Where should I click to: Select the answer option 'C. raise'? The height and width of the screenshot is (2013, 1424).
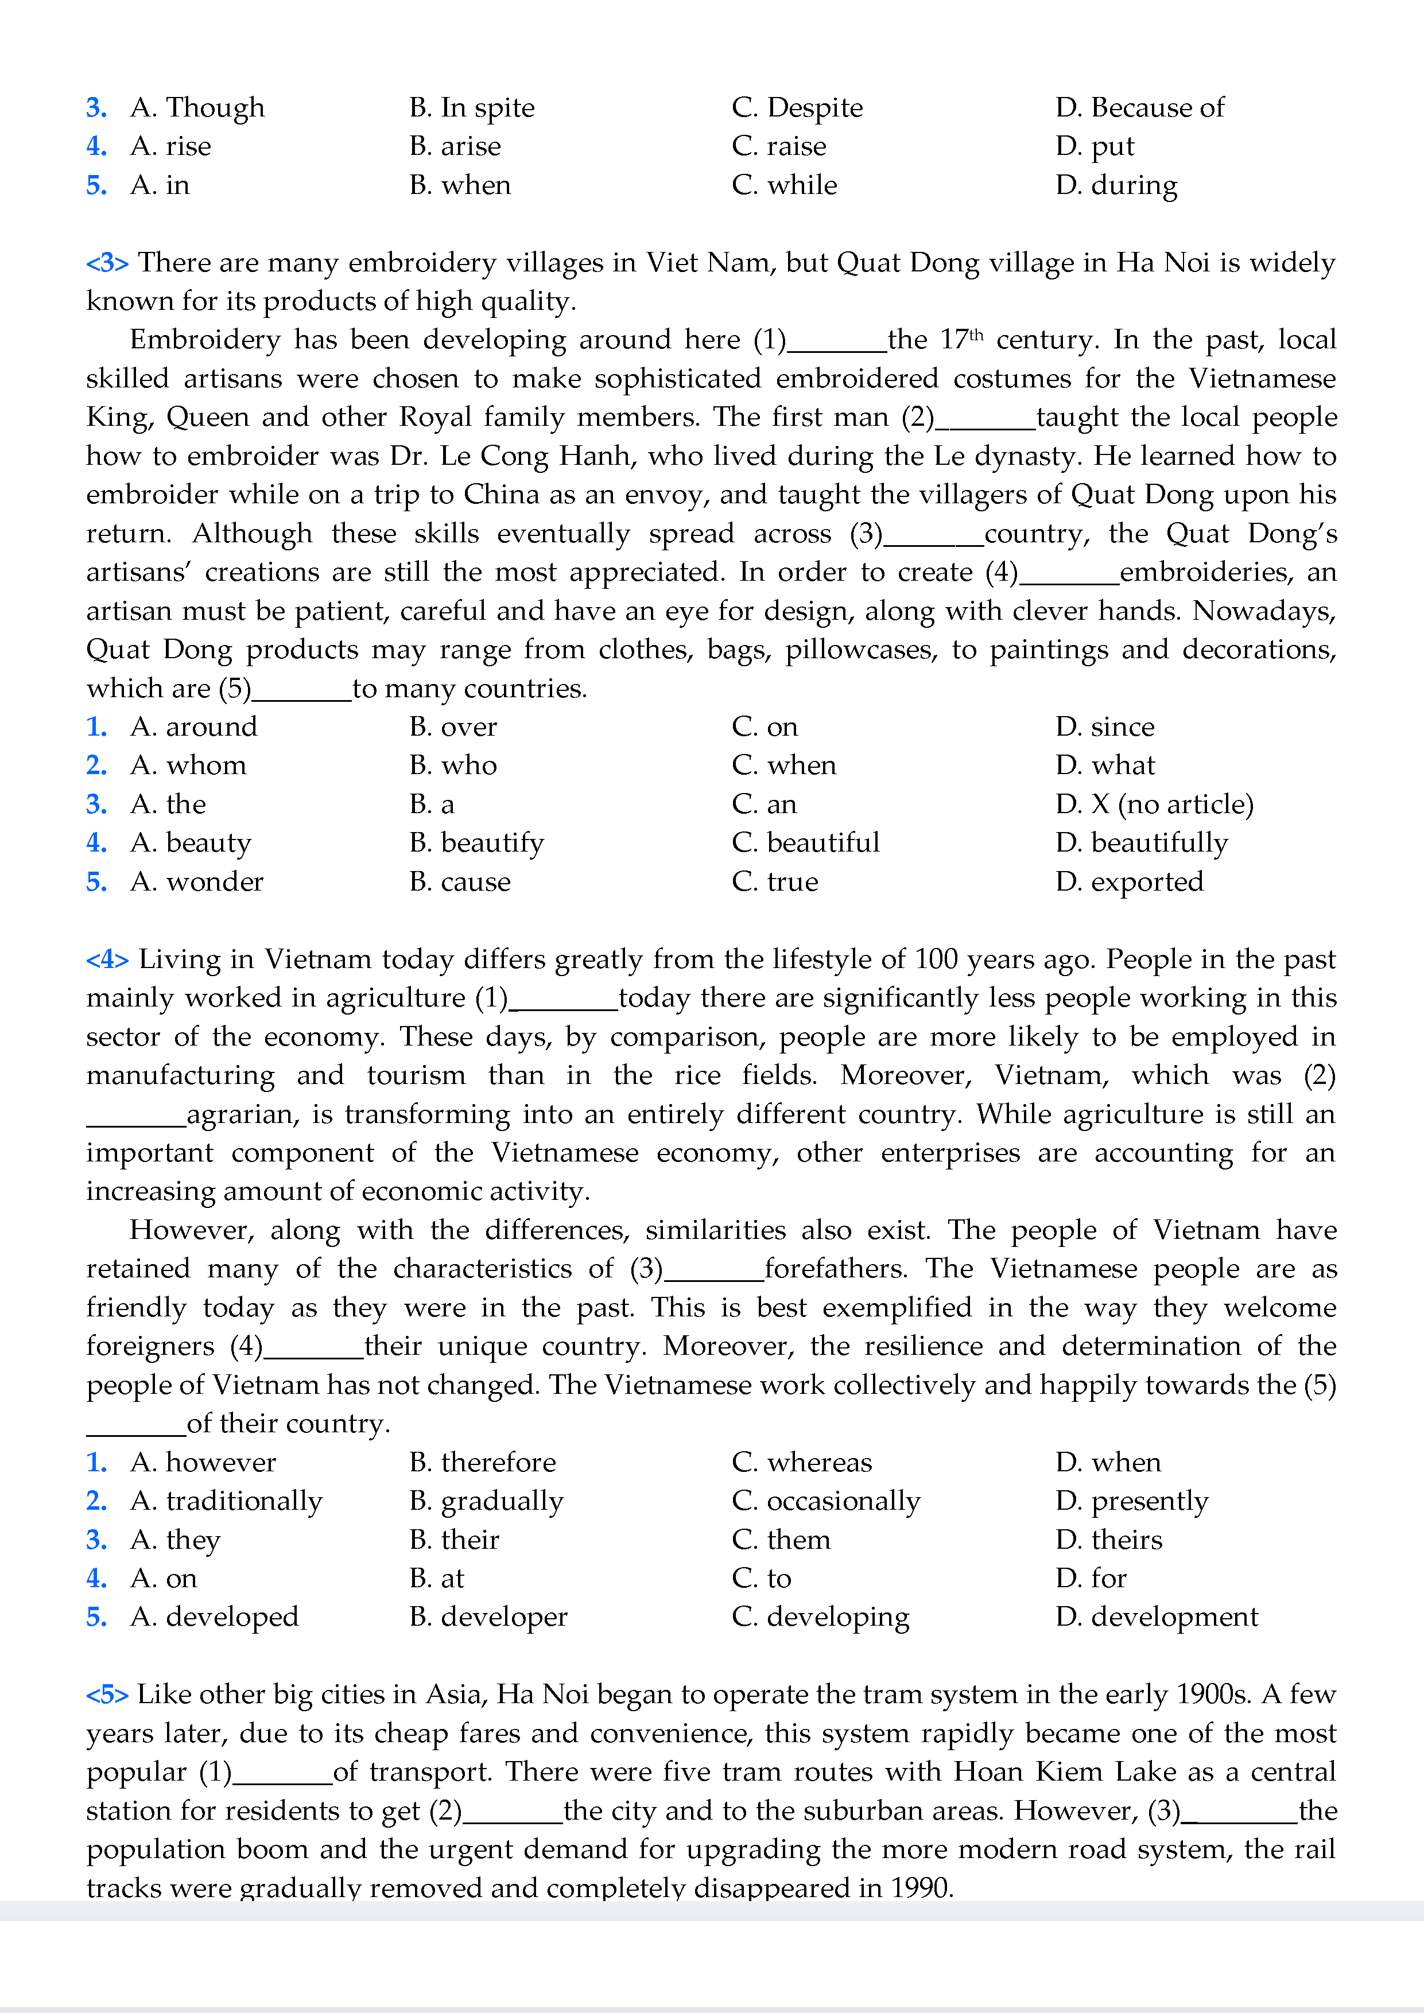pos(779,146)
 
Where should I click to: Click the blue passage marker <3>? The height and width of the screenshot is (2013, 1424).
pos(107,263)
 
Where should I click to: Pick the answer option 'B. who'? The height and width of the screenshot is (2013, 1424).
pos(452,765)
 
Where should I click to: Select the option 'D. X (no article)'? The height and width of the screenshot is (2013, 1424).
pos(1154,804)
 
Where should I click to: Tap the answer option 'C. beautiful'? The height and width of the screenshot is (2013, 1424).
pos(805,842)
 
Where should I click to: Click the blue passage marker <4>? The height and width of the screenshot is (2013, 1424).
pos(107,959)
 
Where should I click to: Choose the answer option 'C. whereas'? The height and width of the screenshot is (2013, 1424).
pos(801,1462)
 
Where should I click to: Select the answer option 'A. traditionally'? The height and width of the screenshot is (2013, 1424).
pos(226,1501)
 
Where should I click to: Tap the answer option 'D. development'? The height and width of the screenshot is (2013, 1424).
pos(1156,1616)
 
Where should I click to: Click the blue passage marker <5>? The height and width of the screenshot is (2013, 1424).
pos(107,1695)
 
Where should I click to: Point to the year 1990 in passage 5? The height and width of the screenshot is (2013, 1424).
pos(920,1887)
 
